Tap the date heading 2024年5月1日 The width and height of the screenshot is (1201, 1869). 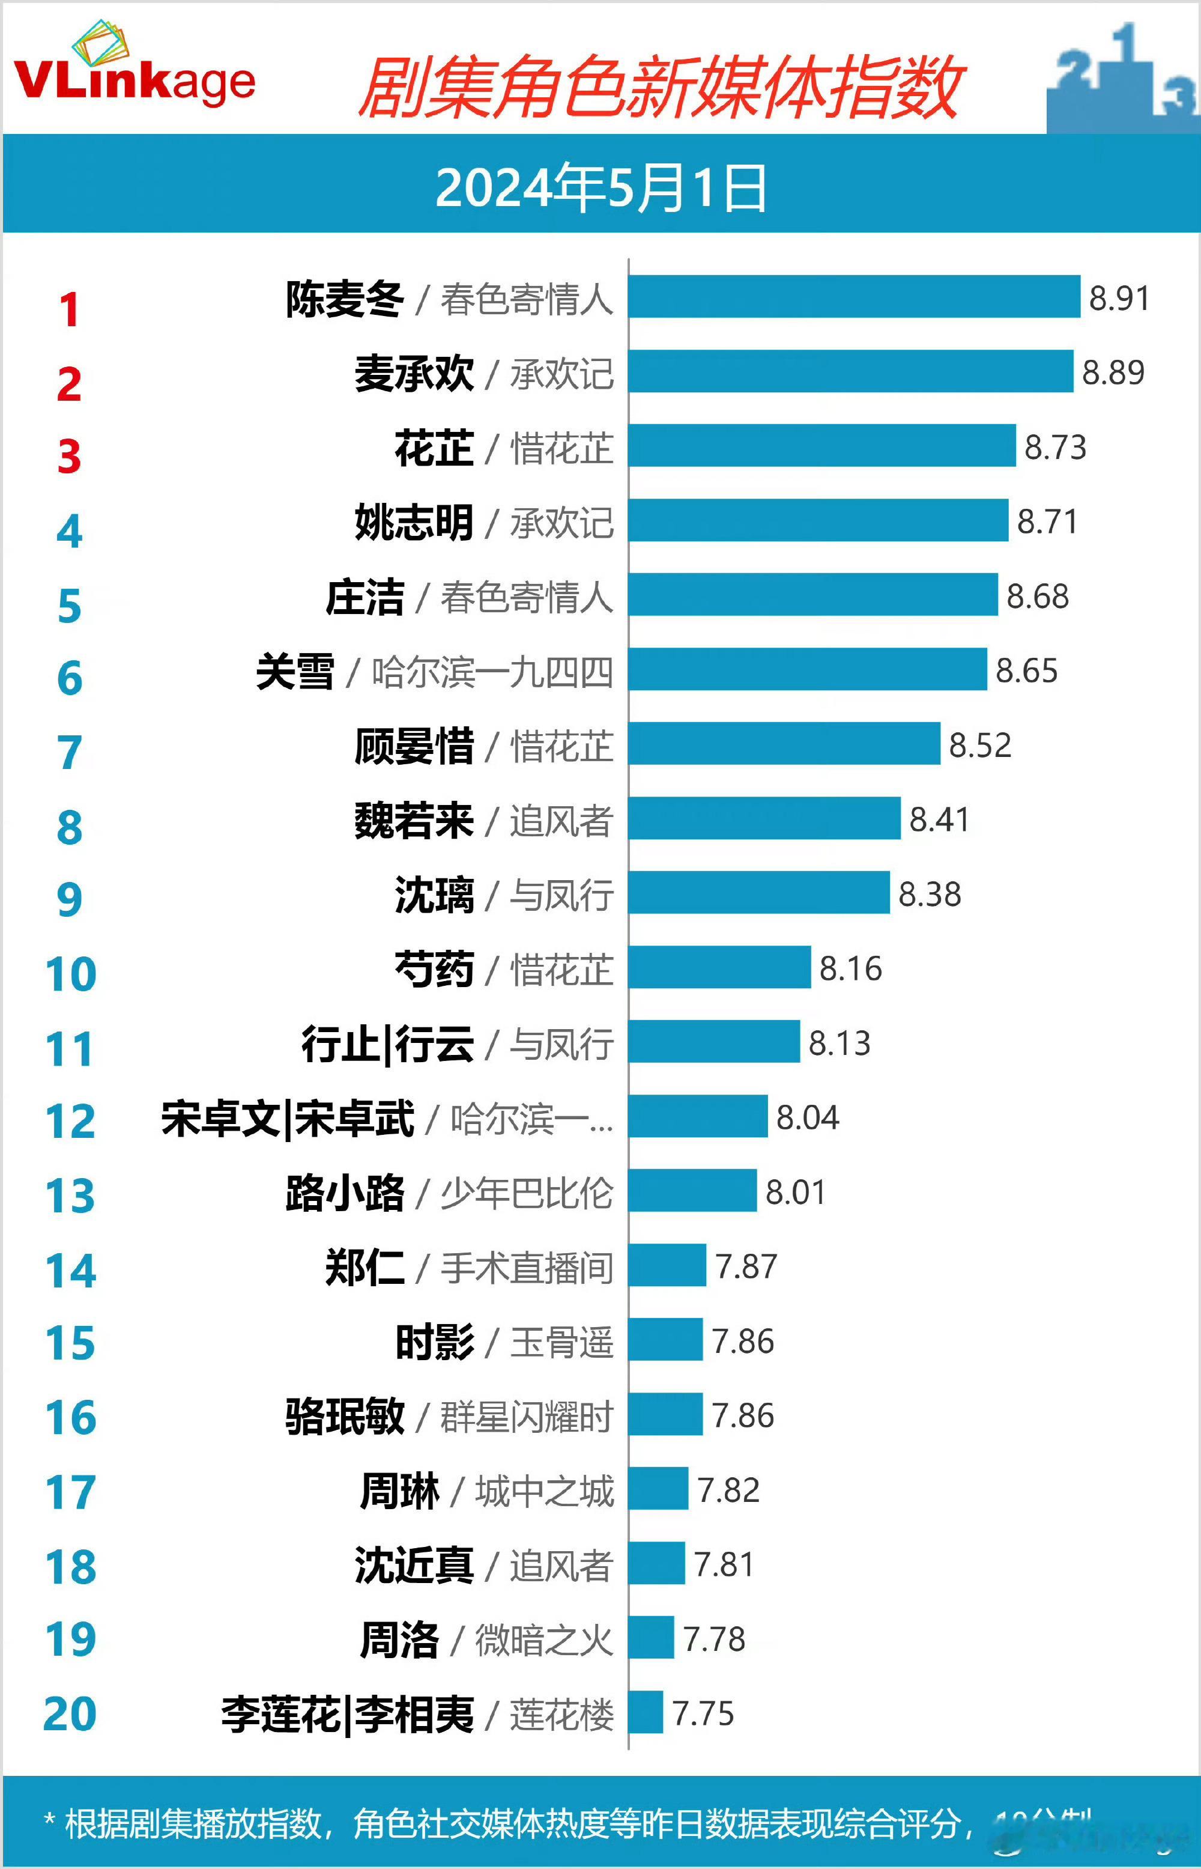[x=600, y=189]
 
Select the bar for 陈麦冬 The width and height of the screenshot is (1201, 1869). [x=854, y=296]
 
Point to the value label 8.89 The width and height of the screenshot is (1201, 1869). [x=1113, y=372]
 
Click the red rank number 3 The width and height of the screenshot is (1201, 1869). [x=70, y=457]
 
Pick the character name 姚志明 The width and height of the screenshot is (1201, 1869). [x=413, y=523]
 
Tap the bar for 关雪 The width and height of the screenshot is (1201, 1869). [x=807, y=669]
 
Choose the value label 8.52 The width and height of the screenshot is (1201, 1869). [x=979, y=745]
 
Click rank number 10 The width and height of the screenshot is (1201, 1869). [x=70, y=974]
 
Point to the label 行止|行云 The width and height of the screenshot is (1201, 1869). [x=387, y=1044]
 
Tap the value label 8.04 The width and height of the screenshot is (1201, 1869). [x=807, y=1117]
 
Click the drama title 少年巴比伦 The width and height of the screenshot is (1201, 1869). [x=527, y=1193]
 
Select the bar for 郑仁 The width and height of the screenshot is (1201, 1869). [x=667, y=1265]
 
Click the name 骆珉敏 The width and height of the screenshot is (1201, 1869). [x=345, y=1417]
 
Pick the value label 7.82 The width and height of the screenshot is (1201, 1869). [x=728, y=1490]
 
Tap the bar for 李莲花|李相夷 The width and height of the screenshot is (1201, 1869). [x=646, y=1712]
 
